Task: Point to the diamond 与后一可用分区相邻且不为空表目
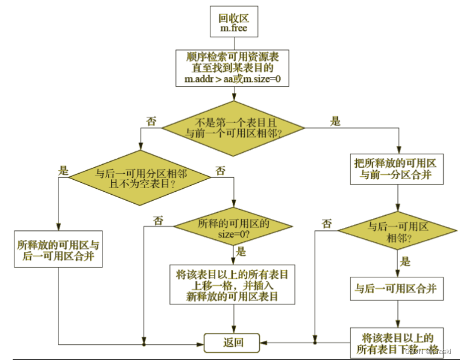(x=140, y=176)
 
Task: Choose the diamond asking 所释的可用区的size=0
(x=234, y=228)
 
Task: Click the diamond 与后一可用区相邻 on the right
(x=398, y=232)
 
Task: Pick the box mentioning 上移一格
(x=232, y=285)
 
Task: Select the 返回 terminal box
(x=232, y=343)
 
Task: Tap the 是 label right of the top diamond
(x=335, y=121)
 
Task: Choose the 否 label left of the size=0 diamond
(x=158, y=220)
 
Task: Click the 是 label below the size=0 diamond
(x=241, y=252)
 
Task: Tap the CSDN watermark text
(x=428, y=350)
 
